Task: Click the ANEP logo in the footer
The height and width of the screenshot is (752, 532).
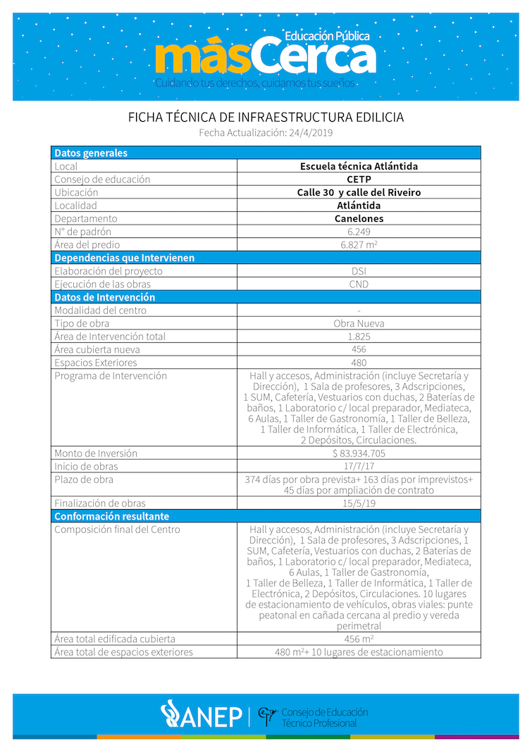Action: (201, 715)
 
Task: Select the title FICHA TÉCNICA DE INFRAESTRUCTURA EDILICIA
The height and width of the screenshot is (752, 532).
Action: (266, 117)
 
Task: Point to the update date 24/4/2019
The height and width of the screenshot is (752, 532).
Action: (311, 132)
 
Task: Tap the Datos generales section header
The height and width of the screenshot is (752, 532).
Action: (91, 153)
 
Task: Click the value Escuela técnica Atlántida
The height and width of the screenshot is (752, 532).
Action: (359, 166)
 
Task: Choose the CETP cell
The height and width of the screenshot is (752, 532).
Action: (359, 180)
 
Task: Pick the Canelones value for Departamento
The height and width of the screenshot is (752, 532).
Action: (359, 218)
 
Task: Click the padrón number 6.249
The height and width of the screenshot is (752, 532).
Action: (359, 232)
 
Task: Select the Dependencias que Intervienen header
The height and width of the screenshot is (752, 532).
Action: (124, 258)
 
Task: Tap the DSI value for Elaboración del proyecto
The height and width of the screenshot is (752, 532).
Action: (359, 271)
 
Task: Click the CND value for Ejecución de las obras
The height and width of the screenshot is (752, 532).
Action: (359, 284)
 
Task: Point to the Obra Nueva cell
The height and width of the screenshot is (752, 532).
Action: (359, 323)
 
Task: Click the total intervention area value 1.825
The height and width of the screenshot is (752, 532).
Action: (359, 337)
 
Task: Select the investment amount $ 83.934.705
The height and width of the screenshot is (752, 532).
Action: (359, 453)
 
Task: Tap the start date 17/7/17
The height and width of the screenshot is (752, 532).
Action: (359, 466)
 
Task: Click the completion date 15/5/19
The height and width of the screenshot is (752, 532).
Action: (359, 503)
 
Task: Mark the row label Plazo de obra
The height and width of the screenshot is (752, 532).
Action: (84, 480)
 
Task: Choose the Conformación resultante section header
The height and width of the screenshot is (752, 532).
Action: (111, 516)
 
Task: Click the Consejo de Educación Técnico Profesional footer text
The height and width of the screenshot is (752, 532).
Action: (323, 717)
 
